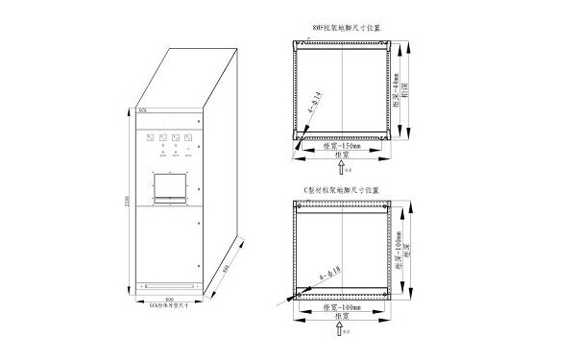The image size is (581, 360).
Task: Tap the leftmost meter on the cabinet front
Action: [150, 138]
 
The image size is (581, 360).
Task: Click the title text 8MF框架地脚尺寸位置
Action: [343, 29]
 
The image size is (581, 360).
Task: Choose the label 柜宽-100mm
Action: [343, 307]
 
